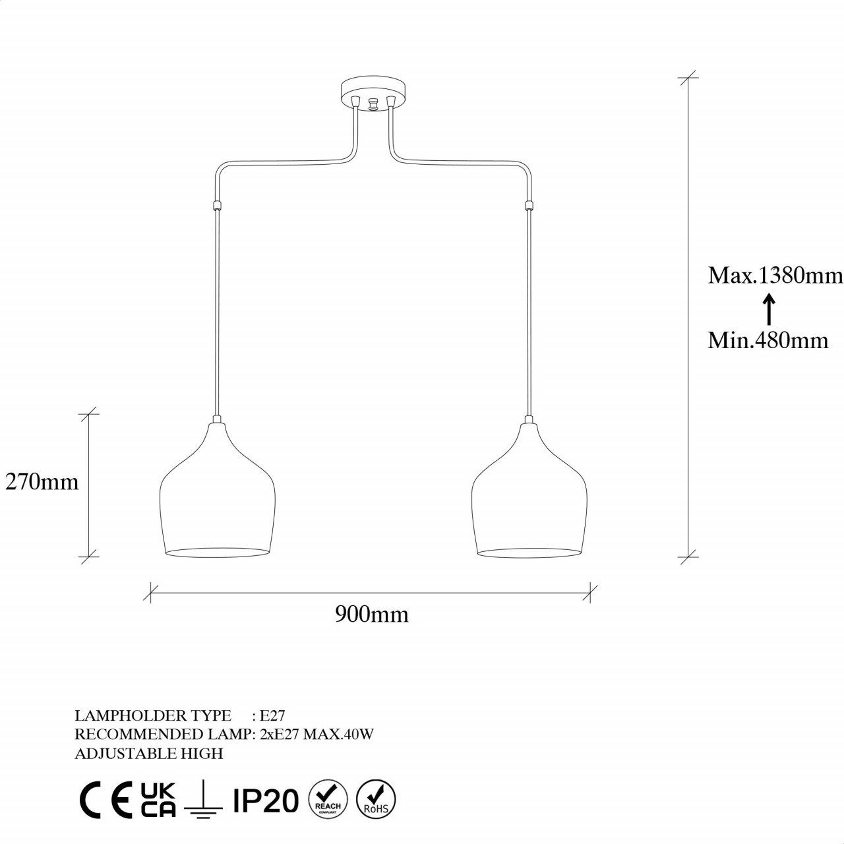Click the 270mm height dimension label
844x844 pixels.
point(42,482)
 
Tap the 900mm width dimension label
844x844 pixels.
point(372,615)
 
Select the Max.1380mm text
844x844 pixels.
point(775,275)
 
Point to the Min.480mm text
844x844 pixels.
point(768,340)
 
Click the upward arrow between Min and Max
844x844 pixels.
point(768,309)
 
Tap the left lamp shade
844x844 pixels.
point(216,495)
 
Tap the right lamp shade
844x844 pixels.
point(529,495)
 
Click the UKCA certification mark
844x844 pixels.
point(158,800)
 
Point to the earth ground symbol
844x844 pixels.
point(203,801)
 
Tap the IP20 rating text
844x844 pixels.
point(266,801)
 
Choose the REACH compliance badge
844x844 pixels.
point(328,800)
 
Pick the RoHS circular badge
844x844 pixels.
point(376,800)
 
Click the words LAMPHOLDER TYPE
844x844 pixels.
point(153,716)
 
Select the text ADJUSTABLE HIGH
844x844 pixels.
point(149,754)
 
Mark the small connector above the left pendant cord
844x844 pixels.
point(216,205)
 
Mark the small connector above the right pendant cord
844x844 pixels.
point(528,205)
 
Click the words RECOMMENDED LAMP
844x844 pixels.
point(163,735)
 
